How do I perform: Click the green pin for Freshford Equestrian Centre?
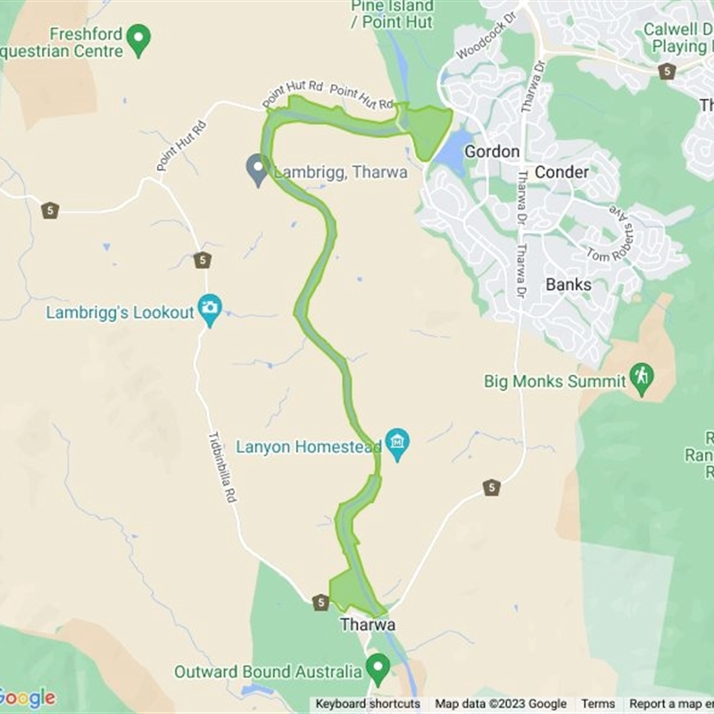click(x=138, y=38)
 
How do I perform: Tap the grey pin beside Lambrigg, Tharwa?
click(x=257, y=168)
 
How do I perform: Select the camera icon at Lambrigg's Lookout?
click(x=210, y=309)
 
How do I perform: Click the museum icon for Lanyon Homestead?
click(x=397, y=441)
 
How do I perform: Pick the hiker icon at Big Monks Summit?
click(x=641, y=377)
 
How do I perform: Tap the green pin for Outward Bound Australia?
click(x=378, y=667)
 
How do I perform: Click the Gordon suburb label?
click(x=491, y=152)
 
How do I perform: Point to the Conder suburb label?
click(x=561, y=172)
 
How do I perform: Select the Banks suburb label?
click(x=568, y=285)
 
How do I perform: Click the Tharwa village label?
click(x=367, y=625)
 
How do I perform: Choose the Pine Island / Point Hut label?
click(x=392, y=12)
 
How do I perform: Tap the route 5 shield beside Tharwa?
click(x=321, y=602)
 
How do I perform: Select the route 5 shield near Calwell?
click(x=667, y=71)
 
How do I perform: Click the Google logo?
click(x=27, y=698)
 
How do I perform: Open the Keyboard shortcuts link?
click(x=368, y=704)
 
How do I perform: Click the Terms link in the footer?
click(x=598, y=704)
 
